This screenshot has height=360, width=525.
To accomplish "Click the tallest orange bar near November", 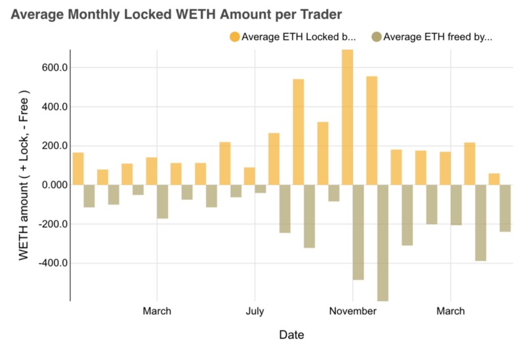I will click(347, 117).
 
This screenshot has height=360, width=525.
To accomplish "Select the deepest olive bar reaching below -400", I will click(383, 243).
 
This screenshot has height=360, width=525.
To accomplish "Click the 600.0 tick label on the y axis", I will click(51, 68).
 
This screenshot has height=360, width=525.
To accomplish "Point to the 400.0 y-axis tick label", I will click(51, 107).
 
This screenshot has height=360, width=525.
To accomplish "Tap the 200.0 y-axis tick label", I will click(51, 146).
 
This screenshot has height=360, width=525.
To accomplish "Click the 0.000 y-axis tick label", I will click(51, 185).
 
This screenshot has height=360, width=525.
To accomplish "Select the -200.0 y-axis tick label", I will click(49, 224).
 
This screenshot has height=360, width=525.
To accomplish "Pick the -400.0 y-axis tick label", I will click(49, 263).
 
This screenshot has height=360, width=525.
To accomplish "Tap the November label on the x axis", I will click(352, 311).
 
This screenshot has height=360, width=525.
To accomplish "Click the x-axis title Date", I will click(291, 335).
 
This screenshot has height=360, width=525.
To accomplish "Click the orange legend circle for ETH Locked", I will click(234, 37).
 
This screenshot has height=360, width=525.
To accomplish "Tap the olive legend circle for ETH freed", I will click(376, 37).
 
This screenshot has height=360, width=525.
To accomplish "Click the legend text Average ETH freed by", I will click(438, 37).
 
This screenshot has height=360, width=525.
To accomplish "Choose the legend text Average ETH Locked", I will click(299, 37).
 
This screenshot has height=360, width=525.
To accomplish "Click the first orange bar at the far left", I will click(78, 169).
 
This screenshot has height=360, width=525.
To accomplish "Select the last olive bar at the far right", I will click(505, 208).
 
